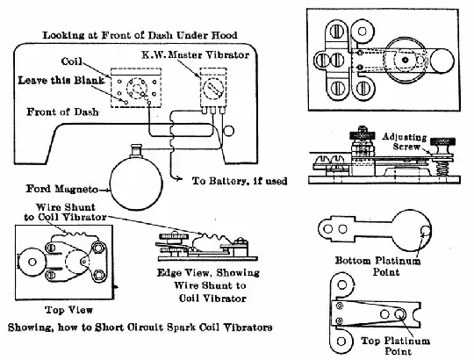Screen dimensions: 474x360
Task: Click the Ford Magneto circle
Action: click(x=136, y=184)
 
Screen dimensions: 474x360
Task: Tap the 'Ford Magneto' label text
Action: click(x=62, y=189)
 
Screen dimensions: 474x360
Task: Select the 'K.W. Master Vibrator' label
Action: click(x=196, y=55)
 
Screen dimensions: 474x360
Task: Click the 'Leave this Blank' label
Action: click(x=61, y=81)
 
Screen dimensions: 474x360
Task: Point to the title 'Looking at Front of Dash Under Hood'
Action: click(x=140, y=35)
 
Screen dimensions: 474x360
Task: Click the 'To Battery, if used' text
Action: click(x=240, y=181)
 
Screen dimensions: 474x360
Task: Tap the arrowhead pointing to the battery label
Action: click(x=180, y=178)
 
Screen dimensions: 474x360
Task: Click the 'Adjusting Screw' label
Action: click(x=405, y=141)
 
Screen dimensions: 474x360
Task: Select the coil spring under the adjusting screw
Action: click(x=442, y=168)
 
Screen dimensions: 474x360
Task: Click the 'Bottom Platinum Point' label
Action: click(x=378, y=266)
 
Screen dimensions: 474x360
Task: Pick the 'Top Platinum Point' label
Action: click(x=396, y=346)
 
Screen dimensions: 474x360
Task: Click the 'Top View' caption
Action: click(x=68, y=310)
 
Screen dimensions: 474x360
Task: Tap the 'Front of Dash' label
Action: click(x=62, y=112)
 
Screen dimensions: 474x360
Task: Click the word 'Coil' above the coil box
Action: click(x=72, y=61)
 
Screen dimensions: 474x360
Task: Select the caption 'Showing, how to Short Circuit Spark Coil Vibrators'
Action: click(x=140, y=328)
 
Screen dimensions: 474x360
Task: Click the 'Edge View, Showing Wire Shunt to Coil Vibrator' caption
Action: click(x=208, y=285)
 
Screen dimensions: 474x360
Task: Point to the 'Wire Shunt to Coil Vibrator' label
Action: click(x=65, y=212)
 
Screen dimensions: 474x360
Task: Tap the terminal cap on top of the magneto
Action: click(x=136, y=150)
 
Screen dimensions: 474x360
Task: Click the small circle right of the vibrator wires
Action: click(x=228, y=131)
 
